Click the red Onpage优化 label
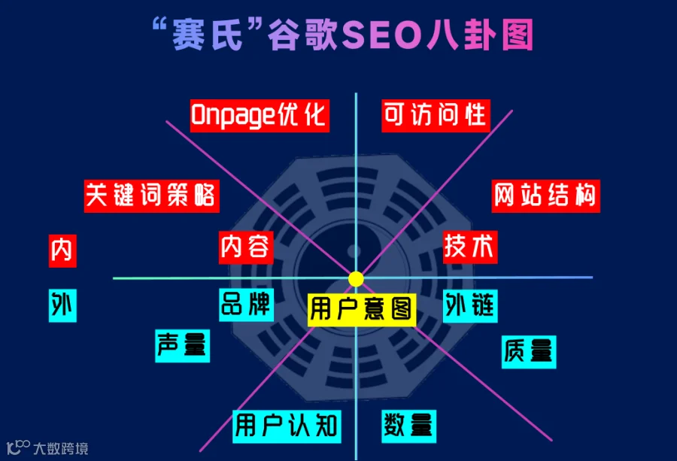pos(259,115)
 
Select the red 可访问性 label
pos(436,115)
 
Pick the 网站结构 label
pos(545,195)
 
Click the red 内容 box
pos(245,246)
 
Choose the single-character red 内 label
pos(62,250)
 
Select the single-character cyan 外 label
pos(62,305)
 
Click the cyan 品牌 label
pos(245,304)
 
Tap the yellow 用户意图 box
pos(362,308)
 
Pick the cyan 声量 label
pos(182,345)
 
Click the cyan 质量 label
pos(529,351)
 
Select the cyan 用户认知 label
pos(286,426)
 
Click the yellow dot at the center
pos(356,279)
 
